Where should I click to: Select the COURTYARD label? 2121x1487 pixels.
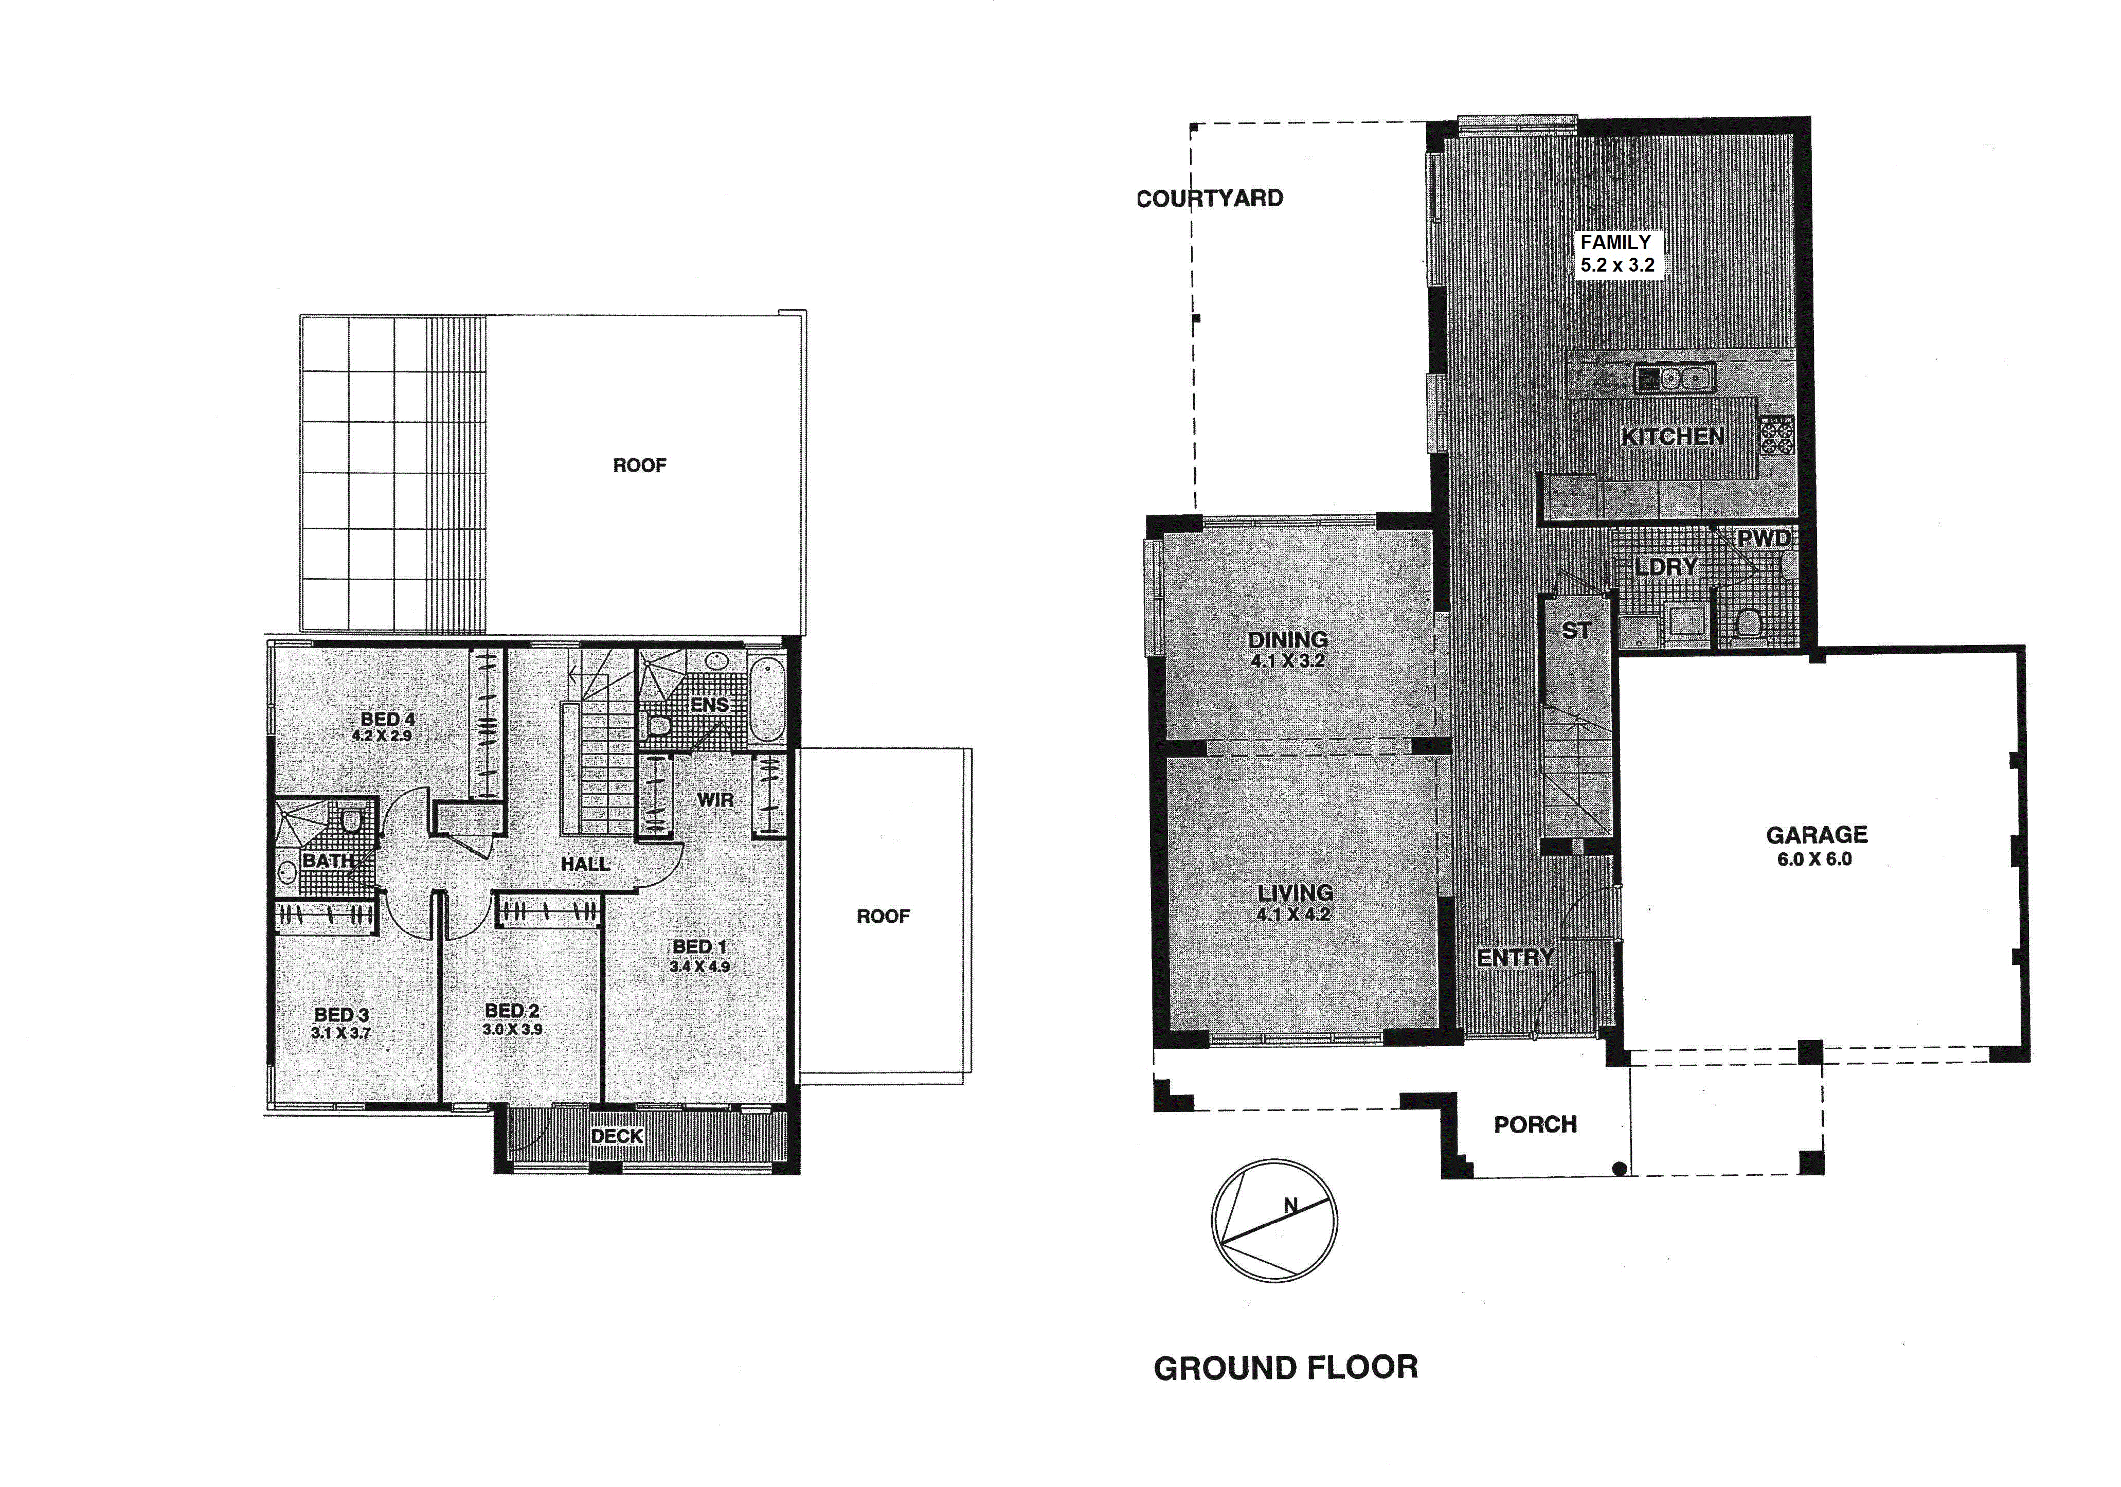pyautogui.click(x=1209, y=199)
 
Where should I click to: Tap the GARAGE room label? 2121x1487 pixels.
pyautogui.click(x=1816, y=835)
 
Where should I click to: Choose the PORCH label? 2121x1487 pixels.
pyautogui.click(x=1535, y=1124)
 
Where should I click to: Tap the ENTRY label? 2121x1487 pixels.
pyautogui.click(x=1515, y=958)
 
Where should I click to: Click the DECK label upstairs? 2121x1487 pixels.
pyautogui.click(x=617, y=1136)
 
